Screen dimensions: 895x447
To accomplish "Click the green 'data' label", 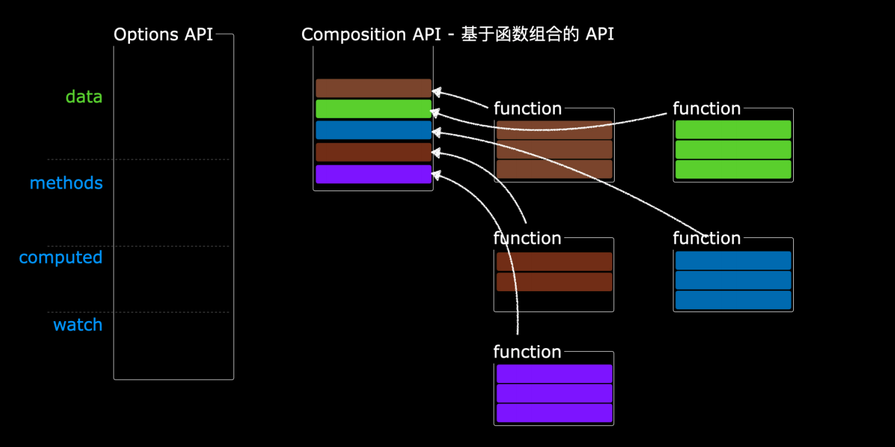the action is pyautogui.click(x=84, y=96).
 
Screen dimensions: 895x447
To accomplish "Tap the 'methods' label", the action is pyautogui.click(x=66, y=183).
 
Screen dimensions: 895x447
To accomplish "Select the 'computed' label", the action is pyautogui.click(x=61, y=258).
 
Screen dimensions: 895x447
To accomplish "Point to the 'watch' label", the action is pyautogui.click(x=78, y=325).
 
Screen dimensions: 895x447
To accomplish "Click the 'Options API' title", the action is pyautogui.click(x=163, y=34).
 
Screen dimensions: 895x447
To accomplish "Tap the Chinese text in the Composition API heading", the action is pyautogui.click(x=520, y=34).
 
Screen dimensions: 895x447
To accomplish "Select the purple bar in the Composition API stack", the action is pyautogui.click(x=374, y=174).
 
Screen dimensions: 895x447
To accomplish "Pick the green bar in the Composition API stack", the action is pyautogui.click(x=374, y=108).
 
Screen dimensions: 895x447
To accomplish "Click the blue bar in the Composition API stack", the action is pyautogui.click(x=374, y=130).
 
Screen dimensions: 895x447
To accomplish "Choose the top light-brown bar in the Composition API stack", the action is pyautogui.click(x=374, y=88).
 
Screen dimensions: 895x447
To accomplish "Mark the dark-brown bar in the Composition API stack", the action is pyautogui.click(x=374, y=152).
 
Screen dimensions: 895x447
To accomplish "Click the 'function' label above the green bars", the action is pyautogui.click(x=707, y=108).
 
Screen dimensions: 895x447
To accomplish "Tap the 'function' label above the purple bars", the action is pyautogui.click(x=527, y=352).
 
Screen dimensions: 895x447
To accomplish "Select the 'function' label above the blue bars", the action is pyautogui.click(x=707, y=238).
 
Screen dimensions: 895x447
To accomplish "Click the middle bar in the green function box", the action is pyautogui.click(x=733, y=149).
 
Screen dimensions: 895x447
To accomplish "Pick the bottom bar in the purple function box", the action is pyautogui.click(x=555, y=413).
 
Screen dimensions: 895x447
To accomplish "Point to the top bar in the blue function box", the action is pyautogui.click(x=733, y=261).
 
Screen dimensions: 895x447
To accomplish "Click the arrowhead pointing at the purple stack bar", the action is pyautogui.click(x=436, y=175).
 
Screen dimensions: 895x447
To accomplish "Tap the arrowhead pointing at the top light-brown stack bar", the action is pyautogui.click(x=436, y=92).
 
